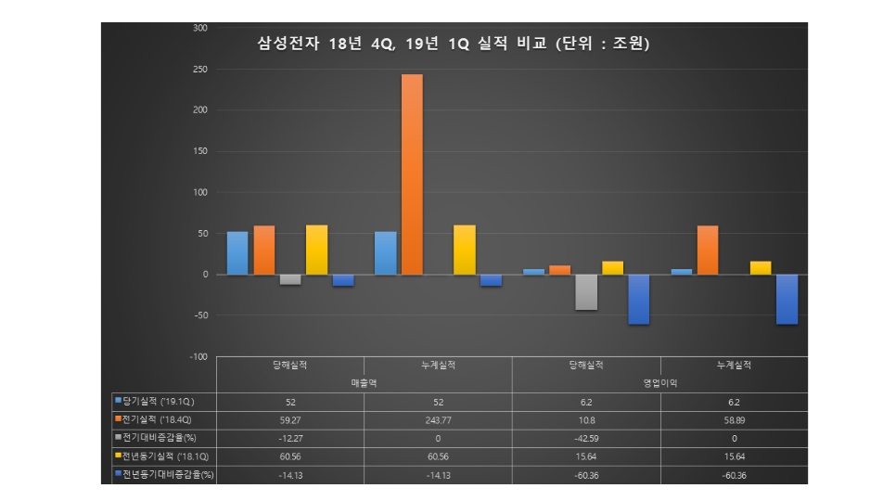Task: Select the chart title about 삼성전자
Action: click(454, 44)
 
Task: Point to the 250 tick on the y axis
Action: click(200, 70)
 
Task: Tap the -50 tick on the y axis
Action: click(200, 315)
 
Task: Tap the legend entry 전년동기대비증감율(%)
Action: click(163, 473)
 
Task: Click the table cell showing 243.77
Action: click(438, 419)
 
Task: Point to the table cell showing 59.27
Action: click(289, 419)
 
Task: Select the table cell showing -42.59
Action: click(586, 437)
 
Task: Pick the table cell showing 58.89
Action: click(734, 419)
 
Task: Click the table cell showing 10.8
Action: click(586, 419)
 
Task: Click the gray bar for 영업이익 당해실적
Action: click(586, 292)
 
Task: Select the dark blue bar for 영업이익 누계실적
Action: click(787, 299)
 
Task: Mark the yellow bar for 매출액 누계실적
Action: click(464, 250)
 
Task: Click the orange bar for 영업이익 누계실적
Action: click(708, 250)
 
